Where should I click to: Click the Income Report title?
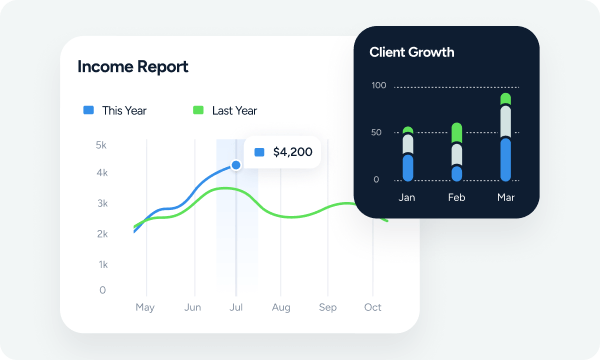(x=133, y=67)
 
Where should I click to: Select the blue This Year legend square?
(x=88, y=110)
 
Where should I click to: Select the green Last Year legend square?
(x=198, y=110)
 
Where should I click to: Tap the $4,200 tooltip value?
(x=292, y=152)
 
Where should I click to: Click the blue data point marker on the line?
(x=236, y=165)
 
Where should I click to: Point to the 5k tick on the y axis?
(x=101, y=145)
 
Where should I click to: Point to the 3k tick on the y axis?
(x=101, y=203)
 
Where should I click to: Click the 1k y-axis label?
(x=101, y=264)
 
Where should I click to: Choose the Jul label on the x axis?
(x=237, y=307)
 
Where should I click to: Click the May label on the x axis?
(x=145, y=307)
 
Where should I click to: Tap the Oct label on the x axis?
(x=373, y=307)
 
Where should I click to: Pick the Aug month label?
(x=281, y=307)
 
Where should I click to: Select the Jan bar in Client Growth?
(x=407, y=154)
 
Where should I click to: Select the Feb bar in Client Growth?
(x=457, y=152)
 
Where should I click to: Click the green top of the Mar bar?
(x=506, y=99)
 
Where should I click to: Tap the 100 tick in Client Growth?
(x=378, y=86)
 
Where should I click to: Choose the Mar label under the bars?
(x=506, y=198)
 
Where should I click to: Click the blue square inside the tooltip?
(x=260, y=152)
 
